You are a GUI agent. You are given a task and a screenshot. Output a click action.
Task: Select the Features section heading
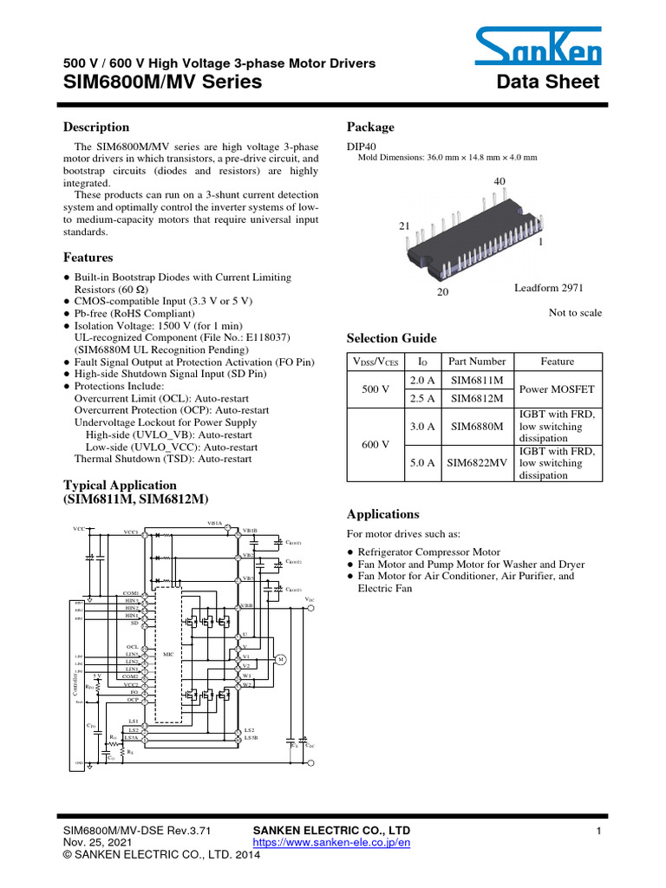(x=88, y=258)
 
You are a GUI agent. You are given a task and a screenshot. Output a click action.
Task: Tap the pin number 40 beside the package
(x=499, y=181)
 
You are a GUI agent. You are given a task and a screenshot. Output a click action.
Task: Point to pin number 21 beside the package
(x=403, y=225)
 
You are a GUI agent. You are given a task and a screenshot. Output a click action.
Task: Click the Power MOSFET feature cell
(x=557, y=390)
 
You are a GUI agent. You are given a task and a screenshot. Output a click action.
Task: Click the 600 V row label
(x=374, y=444)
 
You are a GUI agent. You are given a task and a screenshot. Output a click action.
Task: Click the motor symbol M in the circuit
(x=281, y=660)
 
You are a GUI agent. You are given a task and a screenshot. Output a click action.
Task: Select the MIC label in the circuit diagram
(x=169, y=652)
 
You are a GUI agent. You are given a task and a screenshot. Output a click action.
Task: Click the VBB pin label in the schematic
(x=246, y=606)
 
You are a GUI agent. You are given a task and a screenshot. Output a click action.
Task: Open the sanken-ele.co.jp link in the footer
(x=330, y=842)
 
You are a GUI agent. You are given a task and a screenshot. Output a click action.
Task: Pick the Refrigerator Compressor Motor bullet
(x=428, y=552)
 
